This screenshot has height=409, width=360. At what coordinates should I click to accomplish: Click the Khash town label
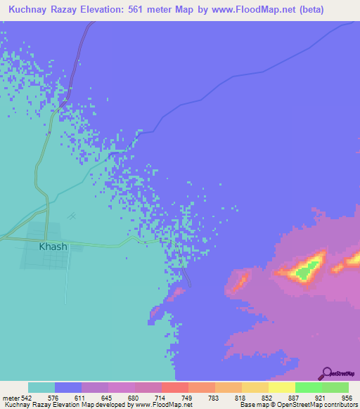click(53, 247)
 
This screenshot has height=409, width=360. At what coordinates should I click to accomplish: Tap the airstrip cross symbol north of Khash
click(71, 216)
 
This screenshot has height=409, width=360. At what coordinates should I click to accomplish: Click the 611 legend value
click(82, 398)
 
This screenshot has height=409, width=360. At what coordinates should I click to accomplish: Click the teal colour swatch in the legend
click(41, 387)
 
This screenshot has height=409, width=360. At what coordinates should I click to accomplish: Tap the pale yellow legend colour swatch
click(281, 387)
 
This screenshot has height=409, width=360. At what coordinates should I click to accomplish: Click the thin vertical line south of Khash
click(67, 295)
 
